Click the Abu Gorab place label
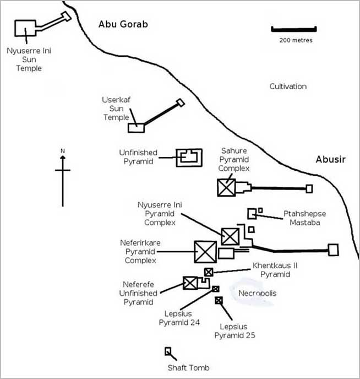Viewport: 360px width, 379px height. (123, 24)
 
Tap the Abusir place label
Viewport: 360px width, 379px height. (330, 159)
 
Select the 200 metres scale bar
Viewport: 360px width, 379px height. (293, 29)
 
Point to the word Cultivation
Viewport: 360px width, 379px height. (288, 86)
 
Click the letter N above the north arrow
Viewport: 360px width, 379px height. (63, 150)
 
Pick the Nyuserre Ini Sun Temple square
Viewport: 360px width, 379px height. (25, 29)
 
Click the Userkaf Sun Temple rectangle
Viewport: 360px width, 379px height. (137, 127)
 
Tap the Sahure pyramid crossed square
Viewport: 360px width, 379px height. (226, 188)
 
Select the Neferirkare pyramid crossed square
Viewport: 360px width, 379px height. (205, 252)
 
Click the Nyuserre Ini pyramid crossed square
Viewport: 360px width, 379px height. (230, 236)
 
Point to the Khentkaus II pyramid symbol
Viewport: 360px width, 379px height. (209, 272)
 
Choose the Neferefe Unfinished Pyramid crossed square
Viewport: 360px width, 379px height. (190, 283)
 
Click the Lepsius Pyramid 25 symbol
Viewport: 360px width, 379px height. (219, 300)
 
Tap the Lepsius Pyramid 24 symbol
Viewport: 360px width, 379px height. (216, 289)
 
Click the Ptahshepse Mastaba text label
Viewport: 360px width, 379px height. (302, 218)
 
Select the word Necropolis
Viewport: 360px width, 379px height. (257, 293)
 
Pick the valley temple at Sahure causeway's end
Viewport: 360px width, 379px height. (309, 189)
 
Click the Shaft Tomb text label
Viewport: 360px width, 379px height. (188, 367)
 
